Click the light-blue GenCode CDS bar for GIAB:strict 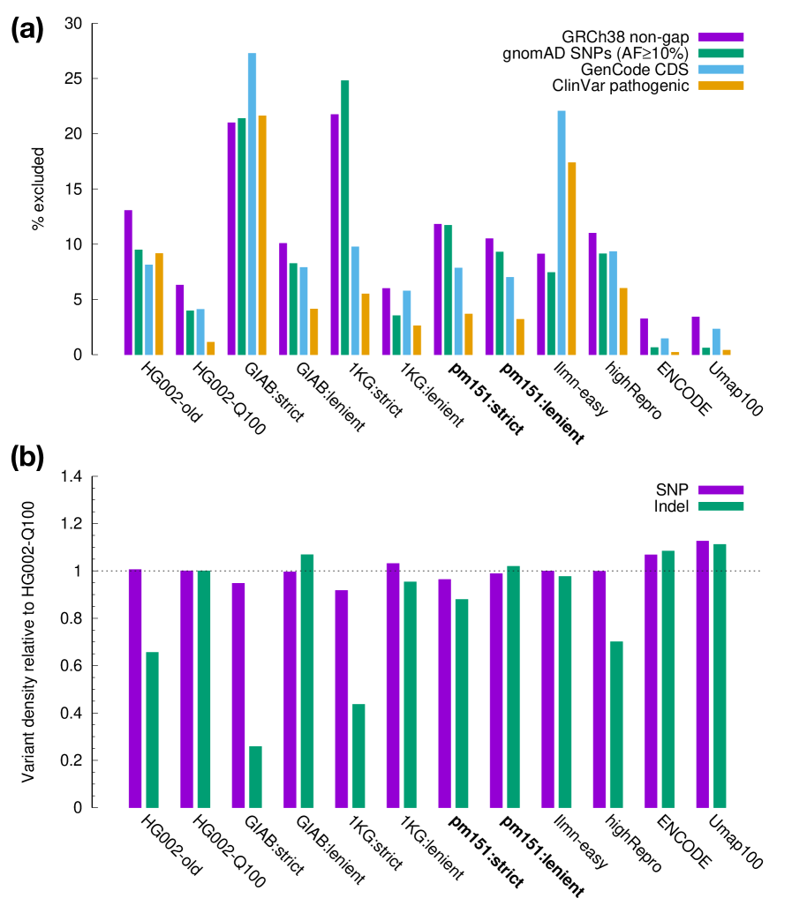tap(253, 204)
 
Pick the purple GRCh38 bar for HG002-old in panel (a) tap(128, 282)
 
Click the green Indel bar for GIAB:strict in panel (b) tap(255, 776)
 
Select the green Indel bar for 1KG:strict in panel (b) tap(358, 755)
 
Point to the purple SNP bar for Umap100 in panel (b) tap(703, 674)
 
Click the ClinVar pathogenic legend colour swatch tap(721, 85)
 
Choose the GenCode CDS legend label tap(635, 69)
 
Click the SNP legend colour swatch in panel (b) tap(721, 490)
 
